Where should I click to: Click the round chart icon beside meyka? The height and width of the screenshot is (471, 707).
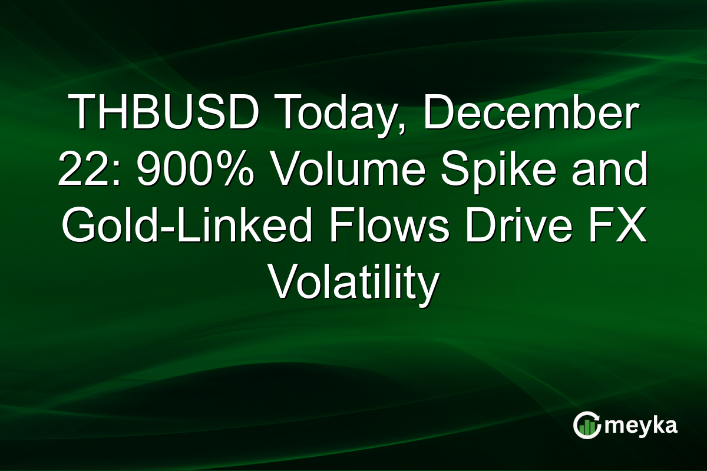point(587,426)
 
